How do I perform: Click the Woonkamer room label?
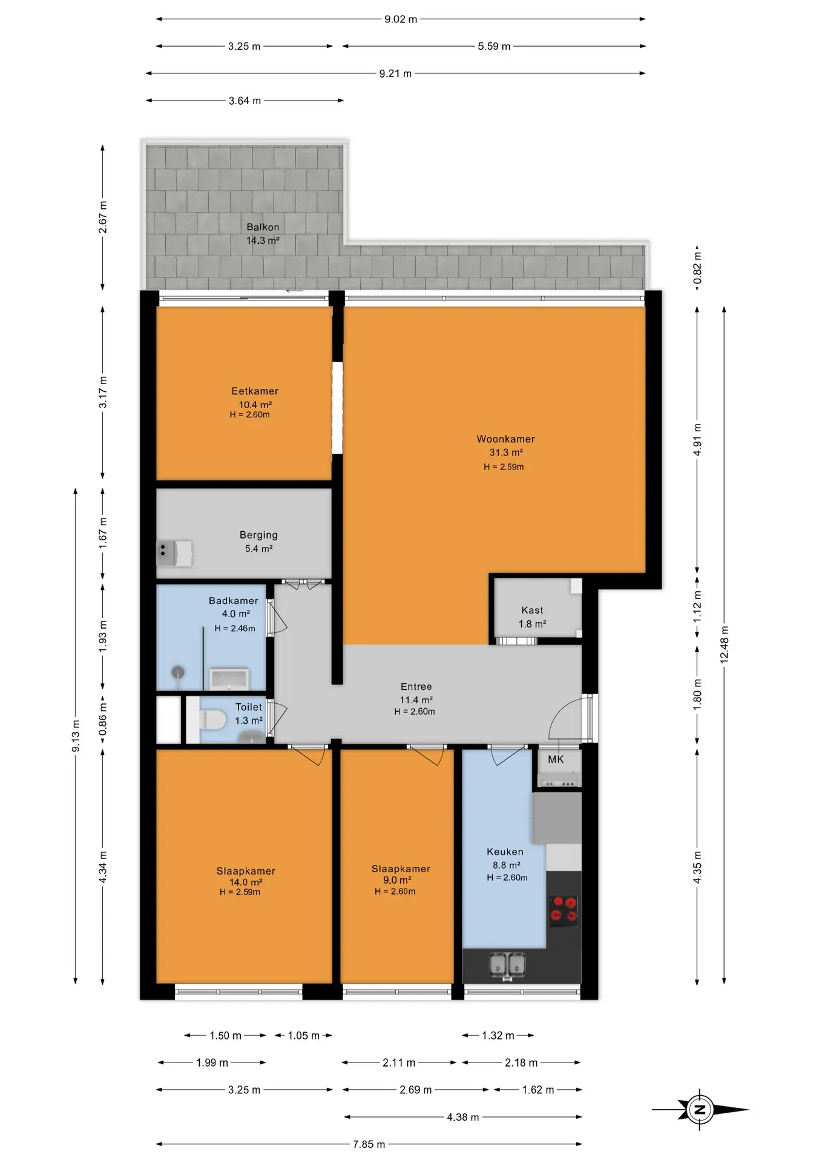[x=505, y=439]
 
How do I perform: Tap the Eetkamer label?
[x=255, y=391]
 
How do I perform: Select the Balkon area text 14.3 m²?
[x=263, y=240]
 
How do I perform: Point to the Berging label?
[x=258, y=535]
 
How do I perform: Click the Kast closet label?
[x=532, y=611]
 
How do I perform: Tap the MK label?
[x=556, y=760]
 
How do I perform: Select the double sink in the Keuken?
[x=507, y=966]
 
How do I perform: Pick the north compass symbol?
[x=700, y=1110]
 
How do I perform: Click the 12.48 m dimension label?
[x=725, y=645]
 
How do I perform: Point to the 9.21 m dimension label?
[x=395, y=73]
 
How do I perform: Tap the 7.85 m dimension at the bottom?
[x=369, y=1144]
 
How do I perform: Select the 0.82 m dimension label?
[x=697, y=268]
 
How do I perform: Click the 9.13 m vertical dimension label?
[x=76, y=736]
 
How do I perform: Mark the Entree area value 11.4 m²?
[x=416, y=700]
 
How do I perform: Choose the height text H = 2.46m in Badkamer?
[x=235, y=628]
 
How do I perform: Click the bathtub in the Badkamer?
[x=229, y=679]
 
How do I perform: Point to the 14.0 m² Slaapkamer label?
[x=246, y=882]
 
